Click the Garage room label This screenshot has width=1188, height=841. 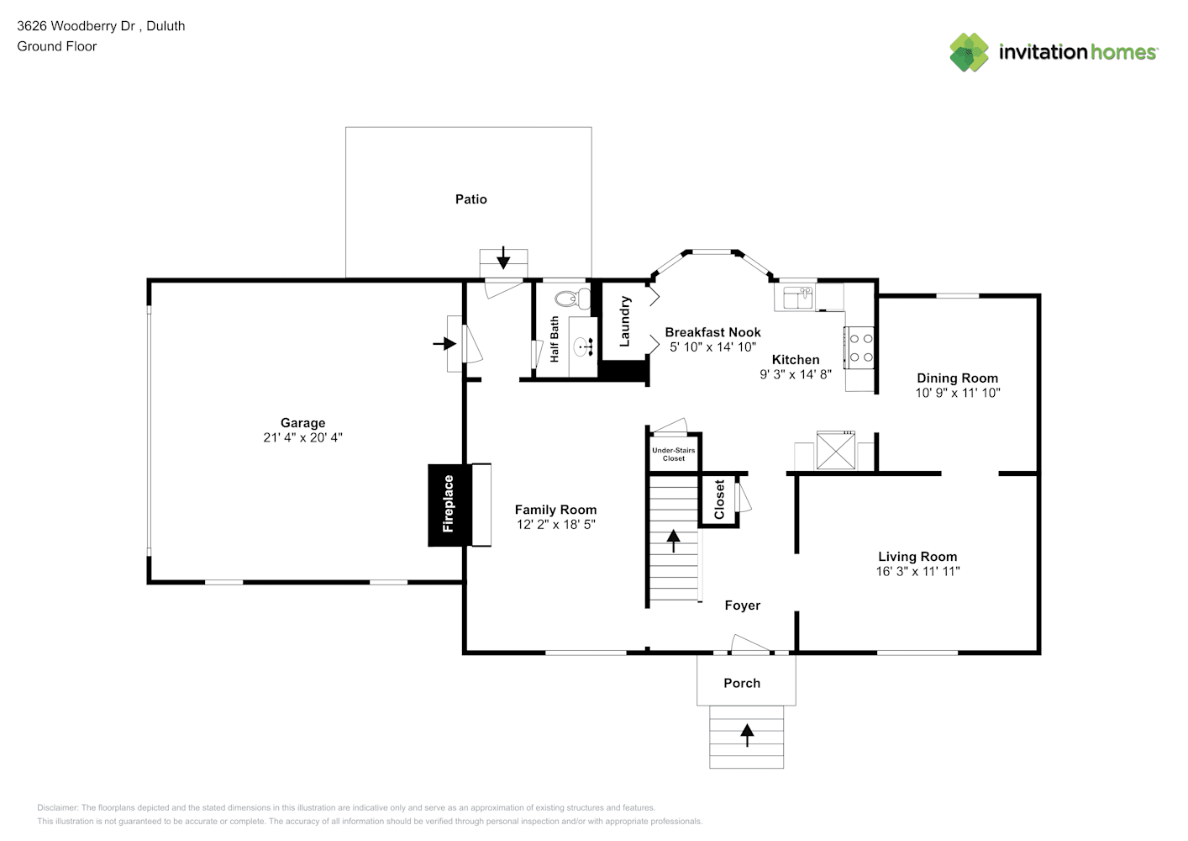pyautogui.click(x=302, y=423)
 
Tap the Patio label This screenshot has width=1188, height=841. pyautogui.click(x=470, y=199)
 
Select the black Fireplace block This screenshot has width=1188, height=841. pyautogui.click(x=449, y=505)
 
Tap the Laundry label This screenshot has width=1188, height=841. pyautogui.click(x=624, y=321)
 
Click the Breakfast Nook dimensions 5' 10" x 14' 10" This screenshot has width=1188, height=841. pyautogui.click(x=712, y=346)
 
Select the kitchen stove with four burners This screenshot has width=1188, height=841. pyautogui.click(x=860, y=347)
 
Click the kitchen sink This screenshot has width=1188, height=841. pyautogui.click(x=797, y=298)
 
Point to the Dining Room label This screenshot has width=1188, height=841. pyautogui.click(x=957, y=378)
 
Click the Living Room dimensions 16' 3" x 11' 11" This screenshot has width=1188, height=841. pyautogui.click(x=917, y=571)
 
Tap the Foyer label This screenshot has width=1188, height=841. pyautogui.click(x=742, y=606)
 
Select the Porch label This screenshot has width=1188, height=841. pyautogui.click(x=742, y=683)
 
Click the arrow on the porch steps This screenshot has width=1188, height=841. pyautogui.click(x=747, y=735)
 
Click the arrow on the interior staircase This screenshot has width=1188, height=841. pyautogui.click(x=674, y=540)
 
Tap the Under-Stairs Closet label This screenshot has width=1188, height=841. pyautogui.click(x=674, y=454)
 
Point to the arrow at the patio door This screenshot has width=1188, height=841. pyautogui.click(x=503, y=257)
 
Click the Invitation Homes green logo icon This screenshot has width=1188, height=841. pyautogui.click(x=969, y=52)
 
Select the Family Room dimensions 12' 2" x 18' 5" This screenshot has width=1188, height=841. pyautogui.click(x=555, y=525)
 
